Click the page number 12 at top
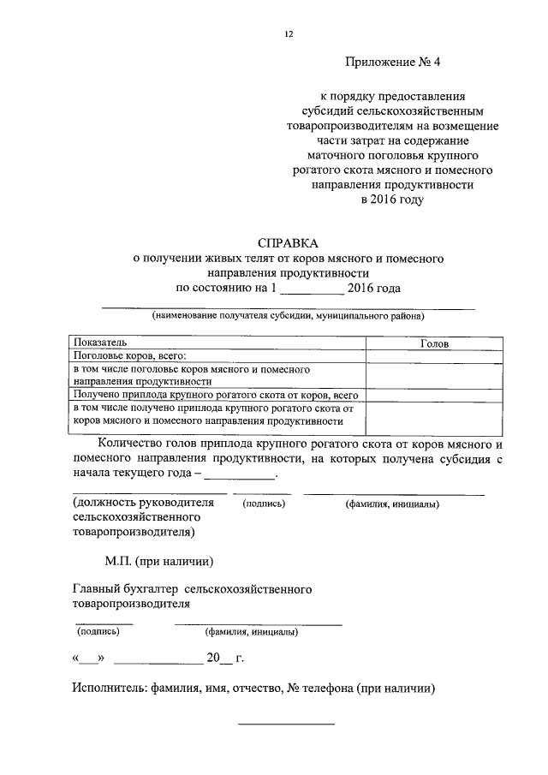point(289,33)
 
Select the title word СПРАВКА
point(287,242)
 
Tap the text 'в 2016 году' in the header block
point(392,200)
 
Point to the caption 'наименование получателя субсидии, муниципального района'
point(289,316)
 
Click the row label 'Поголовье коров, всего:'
point(129,355)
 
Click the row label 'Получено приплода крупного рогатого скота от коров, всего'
point(215,395)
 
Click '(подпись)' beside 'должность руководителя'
point(264,504)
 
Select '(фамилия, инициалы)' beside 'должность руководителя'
point(392,504)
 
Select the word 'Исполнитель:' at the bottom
point(109,689)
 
